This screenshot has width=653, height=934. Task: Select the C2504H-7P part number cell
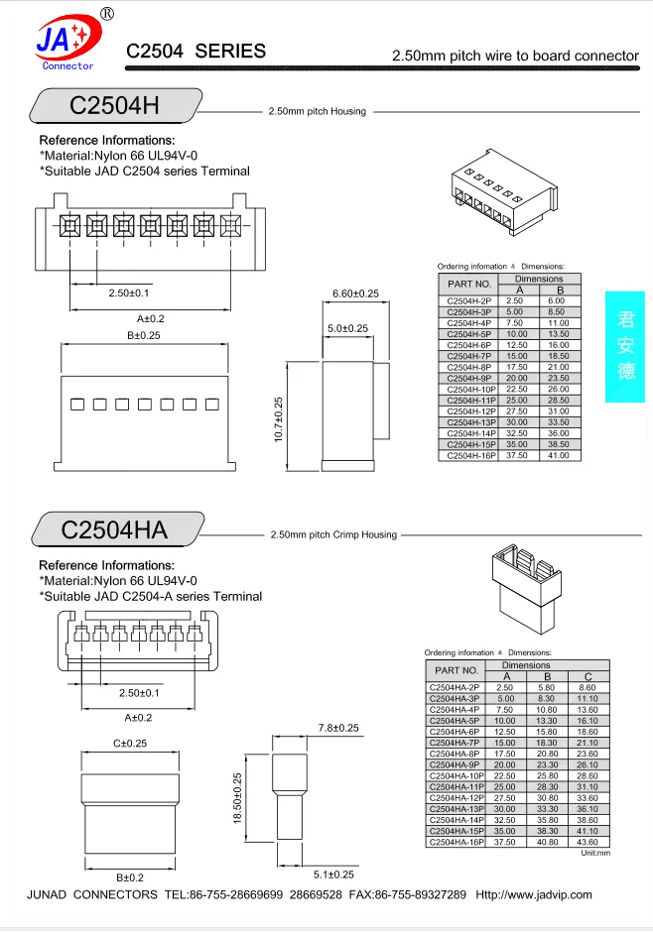469,356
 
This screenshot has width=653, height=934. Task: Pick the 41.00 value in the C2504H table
557,456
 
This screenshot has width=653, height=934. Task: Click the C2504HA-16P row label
456,842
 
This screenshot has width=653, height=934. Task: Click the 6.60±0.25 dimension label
354,293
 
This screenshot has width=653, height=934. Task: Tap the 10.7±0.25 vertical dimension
279,420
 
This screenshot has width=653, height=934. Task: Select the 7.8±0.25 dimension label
337,728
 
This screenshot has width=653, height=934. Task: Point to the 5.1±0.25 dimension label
333,875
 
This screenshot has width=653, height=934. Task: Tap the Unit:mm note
595,853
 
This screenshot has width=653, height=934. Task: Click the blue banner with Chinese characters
625,346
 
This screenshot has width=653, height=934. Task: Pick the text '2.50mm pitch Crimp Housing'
333,534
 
